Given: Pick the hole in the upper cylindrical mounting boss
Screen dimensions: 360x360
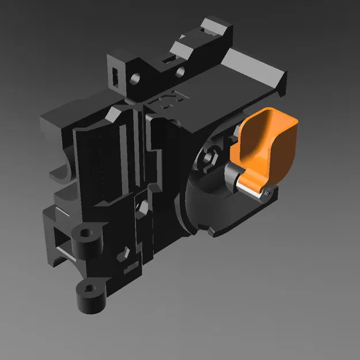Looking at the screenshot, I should click(x=86, y=234).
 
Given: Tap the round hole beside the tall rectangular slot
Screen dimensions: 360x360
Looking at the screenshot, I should click(x=136, y=76).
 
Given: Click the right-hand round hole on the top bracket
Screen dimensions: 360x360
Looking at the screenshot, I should click(x=180, y=72).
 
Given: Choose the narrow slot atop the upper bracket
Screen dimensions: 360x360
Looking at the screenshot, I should click(x=169, y=59).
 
